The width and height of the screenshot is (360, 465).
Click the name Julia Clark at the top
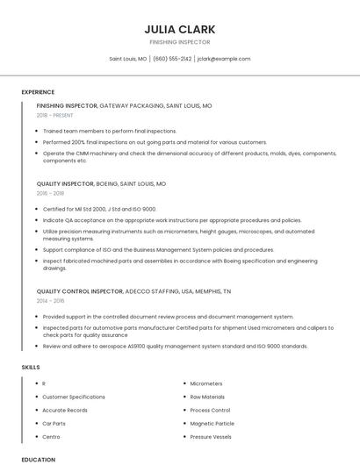[x=179, y=29]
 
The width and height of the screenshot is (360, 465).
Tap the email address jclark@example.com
[x=224, y=59]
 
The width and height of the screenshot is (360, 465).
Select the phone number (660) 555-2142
[x=172, y=59]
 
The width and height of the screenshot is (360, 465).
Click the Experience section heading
[x=38, y=92]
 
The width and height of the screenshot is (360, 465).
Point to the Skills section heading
[x=30, y=366]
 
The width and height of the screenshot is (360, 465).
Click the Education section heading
[x=38, y=459]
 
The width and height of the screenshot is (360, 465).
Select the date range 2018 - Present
[x=55, y=115]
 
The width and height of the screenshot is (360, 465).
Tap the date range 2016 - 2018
[x=50, y=193]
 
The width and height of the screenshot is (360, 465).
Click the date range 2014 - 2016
[x=50, y=300]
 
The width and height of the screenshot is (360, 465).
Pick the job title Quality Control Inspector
[x=80, y=290]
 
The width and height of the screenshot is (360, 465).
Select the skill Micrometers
[x=206, y=383]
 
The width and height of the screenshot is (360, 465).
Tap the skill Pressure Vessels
[x=211, y=436]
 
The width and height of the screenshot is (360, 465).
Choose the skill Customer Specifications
[x=74, y=397]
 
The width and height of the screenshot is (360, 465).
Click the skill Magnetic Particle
[x=211, y=423]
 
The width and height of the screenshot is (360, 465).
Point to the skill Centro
[x=51, y=436]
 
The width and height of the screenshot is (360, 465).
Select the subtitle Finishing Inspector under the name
[x=179, y=42]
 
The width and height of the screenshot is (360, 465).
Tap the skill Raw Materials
[x=207, y=397]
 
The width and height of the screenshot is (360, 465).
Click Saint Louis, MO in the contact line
[x=127, y=59]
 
